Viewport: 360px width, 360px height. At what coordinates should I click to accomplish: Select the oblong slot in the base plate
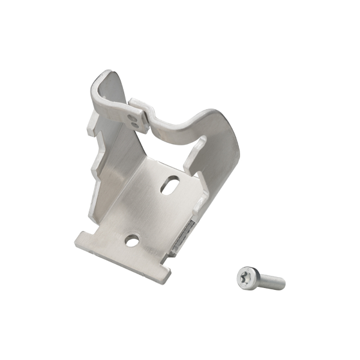pos(169,184)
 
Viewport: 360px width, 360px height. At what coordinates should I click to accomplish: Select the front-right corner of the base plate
pos(166,275)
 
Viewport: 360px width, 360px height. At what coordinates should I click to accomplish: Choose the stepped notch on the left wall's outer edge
pos(95,168)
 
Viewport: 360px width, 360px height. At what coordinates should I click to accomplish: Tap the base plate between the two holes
pos(150,213)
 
